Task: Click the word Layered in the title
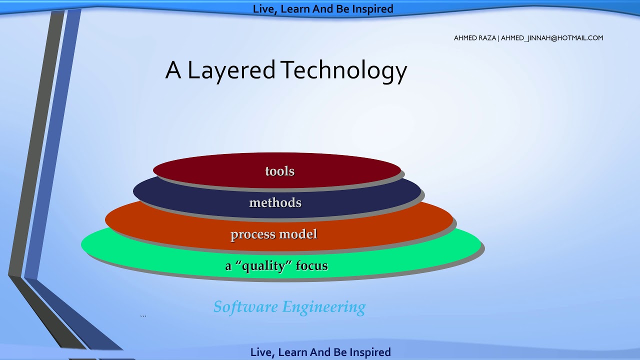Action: click(231, 70)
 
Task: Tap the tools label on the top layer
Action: click(279, 171)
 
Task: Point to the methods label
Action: click(275, 202)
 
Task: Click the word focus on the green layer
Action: click(311, 265)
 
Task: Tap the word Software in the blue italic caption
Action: click(245, 306)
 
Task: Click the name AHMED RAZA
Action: click(474, 38)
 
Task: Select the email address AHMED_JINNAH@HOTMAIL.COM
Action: click(552, 38)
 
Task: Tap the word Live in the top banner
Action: click(262, 9)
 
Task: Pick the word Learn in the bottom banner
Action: click(292, 352)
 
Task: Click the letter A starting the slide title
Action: click(173, 70)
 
